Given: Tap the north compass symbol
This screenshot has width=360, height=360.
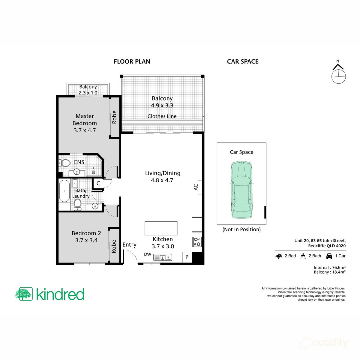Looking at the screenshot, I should [x=338, y=74].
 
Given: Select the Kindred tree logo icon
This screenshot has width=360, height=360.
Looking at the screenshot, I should [x=24, y=294].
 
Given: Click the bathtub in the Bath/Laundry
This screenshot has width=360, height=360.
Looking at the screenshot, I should [x=64, y=191].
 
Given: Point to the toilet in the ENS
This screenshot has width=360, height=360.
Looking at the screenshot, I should [x=65, y=163].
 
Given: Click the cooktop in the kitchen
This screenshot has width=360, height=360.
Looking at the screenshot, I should [x=197, y=242].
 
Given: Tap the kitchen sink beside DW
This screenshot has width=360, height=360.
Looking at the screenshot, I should [x=163, y=257].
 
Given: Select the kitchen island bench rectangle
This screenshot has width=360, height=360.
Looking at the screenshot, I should [x=161, y=228].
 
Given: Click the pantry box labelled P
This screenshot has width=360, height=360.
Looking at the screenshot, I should [x=187, y=257].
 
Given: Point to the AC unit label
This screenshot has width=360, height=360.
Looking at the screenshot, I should [x=196, y=187].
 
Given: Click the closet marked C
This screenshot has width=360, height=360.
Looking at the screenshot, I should [x=98, y=183].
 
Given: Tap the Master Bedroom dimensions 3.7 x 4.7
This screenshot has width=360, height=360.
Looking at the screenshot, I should [x=85, y=130].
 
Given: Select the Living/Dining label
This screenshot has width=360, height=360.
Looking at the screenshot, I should [x=163, y=173].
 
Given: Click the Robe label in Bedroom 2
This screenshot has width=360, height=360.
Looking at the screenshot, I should [x=114, y=246].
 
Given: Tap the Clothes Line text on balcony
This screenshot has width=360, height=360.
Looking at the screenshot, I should [x=162, y=116].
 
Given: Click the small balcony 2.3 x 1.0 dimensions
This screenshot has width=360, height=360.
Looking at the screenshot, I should [x=88, y=93].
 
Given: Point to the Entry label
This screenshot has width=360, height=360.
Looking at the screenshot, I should [x=129, y=245].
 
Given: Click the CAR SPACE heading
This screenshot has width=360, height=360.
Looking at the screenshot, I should [x=242, y=61].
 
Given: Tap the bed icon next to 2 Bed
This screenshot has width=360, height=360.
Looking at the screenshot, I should [x=279, y=256].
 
